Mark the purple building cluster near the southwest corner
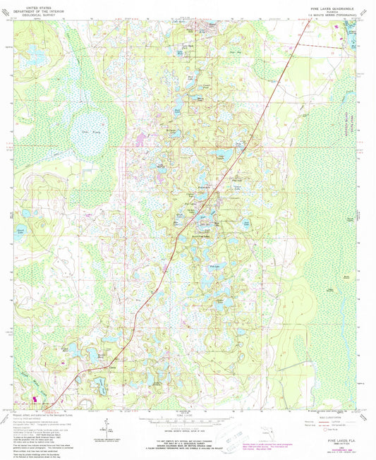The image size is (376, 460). coord(37,399)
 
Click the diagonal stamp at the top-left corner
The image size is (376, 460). coord(9,7)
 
